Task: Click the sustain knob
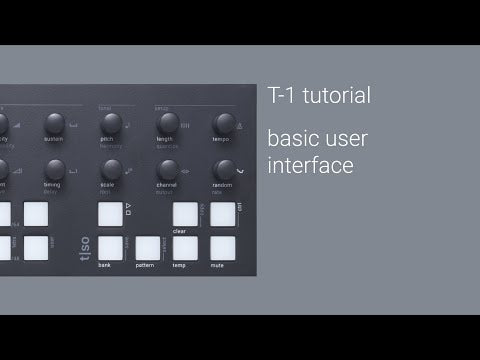click(x=54, y=123)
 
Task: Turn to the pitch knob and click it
click(x=111, y=123)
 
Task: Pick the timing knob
click(x=54, y=169)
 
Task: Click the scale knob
click(x=111, y=169)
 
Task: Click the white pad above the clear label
click(x=185, y=214)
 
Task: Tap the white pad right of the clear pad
click(x=222, y=214)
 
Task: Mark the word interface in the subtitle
click(x=309, y=166)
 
